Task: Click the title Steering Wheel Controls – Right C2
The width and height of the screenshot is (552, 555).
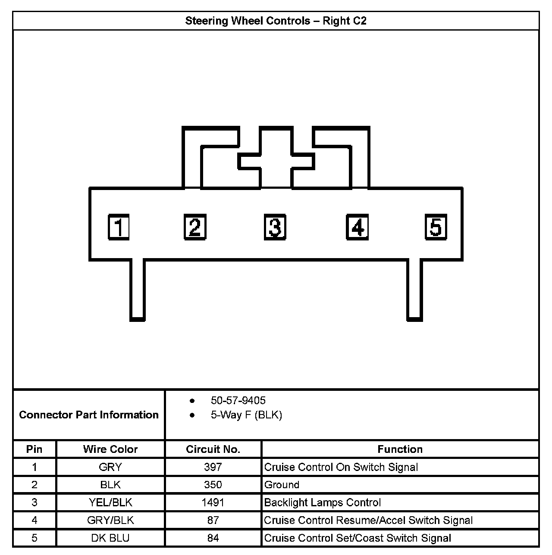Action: [x=276, y=21]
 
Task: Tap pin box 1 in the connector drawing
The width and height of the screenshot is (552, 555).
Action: [x=119, y=227]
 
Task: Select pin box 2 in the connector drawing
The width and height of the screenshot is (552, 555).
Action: [x=195, y=227]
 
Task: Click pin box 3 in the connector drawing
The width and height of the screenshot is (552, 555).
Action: [x=275, y=227]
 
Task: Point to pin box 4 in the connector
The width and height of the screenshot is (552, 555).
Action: [x=358, y=227]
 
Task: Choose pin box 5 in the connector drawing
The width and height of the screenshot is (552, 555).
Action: [x=436, y=227]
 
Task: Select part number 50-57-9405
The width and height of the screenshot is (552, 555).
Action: [x=238, y=401]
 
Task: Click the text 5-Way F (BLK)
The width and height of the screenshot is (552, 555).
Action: [x=246, y=415]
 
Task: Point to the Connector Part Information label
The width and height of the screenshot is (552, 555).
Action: [x=89, y=415]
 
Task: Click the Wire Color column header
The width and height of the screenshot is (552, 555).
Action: [x=110, y=449]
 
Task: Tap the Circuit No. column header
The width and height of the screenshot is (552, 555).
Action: [x=213, y=449]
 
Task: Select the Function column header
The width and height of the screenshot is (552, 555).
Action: [x=400, y=449]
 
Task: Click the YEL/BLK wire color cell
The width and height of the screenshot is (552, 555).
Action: [x=110, y=502]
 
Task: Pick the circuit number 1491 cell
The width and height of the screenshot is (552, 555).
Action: [x=213, y=502]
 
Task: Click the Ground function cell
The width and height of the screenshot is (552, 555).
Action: [x=282, y=485]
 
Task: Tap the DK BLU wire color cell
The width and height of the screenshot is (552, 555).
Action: [x=110, y=538]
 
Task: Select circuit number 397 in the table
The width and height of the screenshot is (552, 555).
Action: [x=213, y=467]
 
